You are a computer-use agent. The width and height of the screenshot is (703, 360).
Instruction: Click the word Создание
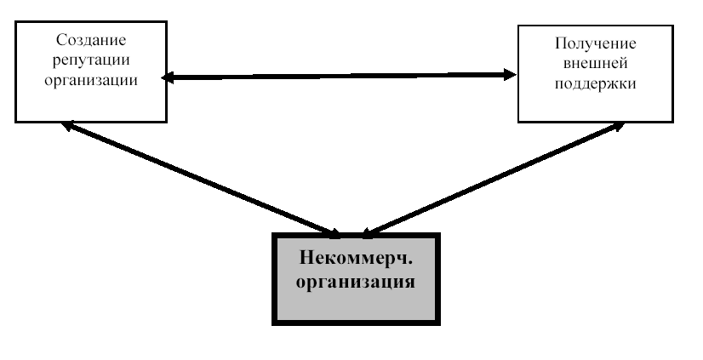pyautogui.click(x=89, y=40)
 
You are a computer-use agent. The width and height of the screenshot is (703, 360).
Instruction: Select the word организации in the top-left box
pyautogui.click(x=89, y=79)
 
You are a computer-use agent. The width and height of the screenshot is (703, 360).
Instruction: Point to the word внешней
pyautogui.click(x=595, y=65)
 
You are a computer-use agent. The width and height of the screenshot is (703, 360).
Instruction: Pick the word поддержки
pyautogui.click(x=595, y=85)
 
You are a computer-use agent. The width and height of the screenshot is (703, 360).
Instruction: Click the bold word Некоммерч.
pyautogui.click(x=356, y=259)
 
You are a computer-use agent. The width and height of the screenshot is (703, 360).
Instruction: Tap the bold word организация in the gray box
pyautogui.click(x=356, y=281)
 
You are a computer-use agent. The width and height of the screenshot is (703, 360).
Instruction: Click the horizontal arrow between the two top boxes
pyautogui.click(x=340, y=77)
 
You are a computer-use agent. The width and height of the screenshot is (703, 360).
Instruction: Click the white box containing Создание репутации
pyautogui.click(x=89, y=102)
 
